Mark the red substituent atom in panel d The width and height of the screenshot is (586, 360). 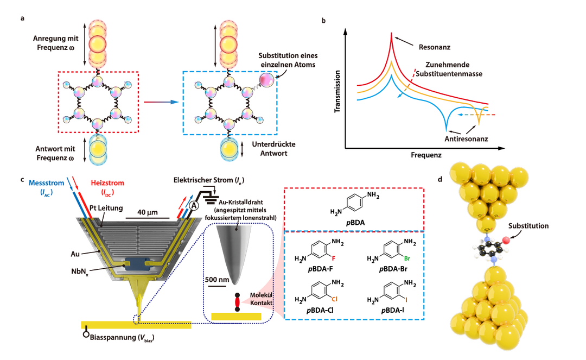(x=506, y=239)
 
